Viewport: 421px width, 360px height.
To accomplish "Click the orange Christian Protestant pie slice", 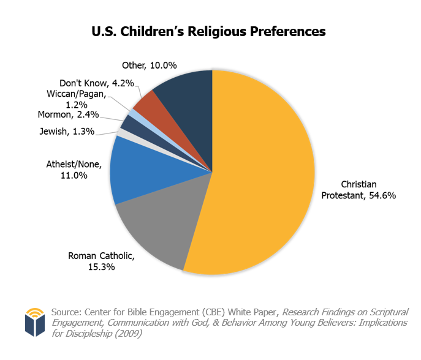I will click(x=264, y=171).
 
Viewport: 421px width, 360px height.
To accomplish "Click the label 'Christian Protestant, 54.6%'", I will click(x=358, y=190).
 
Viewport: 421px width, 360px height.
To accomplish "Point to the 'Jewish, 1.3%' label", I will click(x=67, y=130).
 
